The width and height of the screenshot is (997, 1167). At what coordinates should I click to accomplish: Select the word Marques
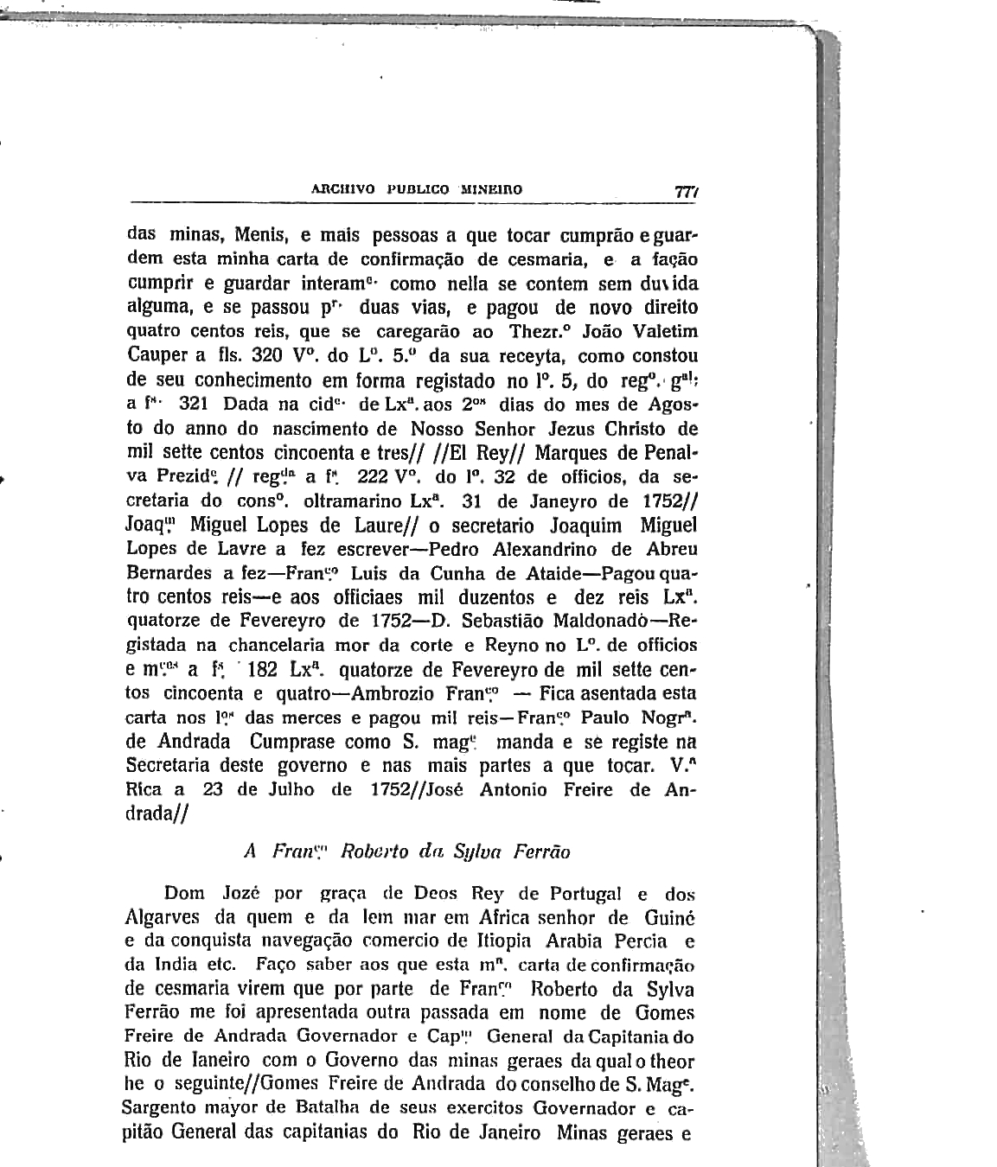[572, 453]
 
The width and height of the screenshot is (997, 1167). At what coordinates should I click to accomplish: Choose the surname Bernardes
[169, 572]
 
